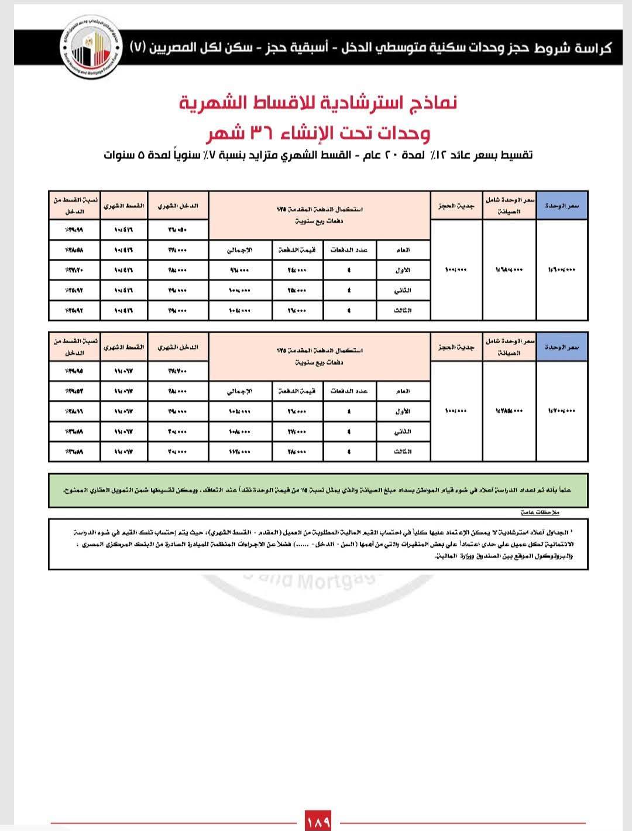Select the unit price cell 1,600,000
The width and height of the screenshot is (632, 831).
pyautogui.click(x=562, y=269)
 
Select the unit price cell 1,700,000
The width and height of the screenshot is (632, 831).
pyautogui.click(x=562, y=411)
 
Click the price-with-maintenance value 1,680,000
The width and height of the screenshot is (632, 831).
pyautogui.click(x=509, y=269)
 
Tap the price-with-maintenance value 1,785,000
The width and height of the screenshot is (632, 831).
pyautogui.click(x=509, y=411)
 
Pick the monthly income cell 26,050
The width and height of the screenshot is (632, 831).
pyautogui.click(x=178, y=230)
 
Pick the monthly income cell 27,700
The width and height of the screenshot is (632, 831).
pyautogui.click(x=178, y=371)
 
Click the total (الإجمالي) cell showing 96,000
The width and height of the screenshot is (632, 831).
pyautogui.click(x=239, y=270)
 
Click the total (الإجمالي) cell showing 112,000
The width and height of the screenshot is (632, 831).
pyautogui.click(x=239, y=452)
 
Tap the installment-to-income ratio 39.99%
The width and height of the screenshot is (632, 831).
pyautogui.click(x=74, y=230)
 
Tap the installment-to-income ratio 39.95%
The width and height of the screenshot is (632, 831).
pyautogui.click(x=74, y=371)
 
